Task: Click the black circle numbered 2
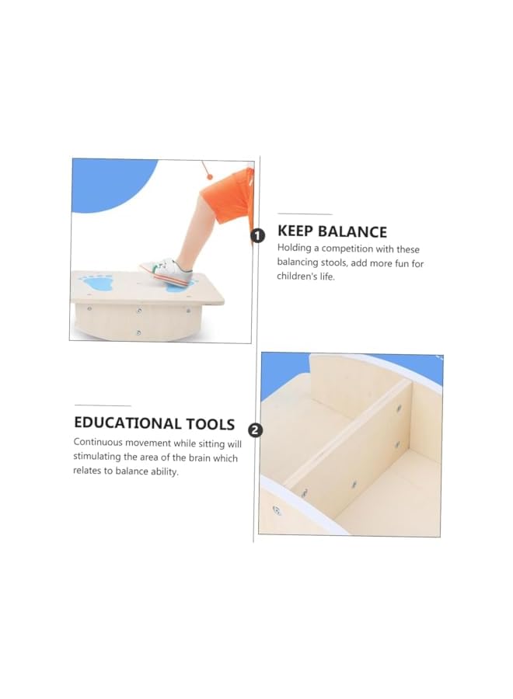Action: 255,429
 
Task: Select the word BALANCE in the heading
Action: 353,231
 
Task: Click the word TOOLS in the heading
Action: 210,424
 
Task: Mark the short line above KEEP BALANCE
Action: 305,214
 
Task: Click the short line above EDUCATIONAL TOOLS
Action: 103,405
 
